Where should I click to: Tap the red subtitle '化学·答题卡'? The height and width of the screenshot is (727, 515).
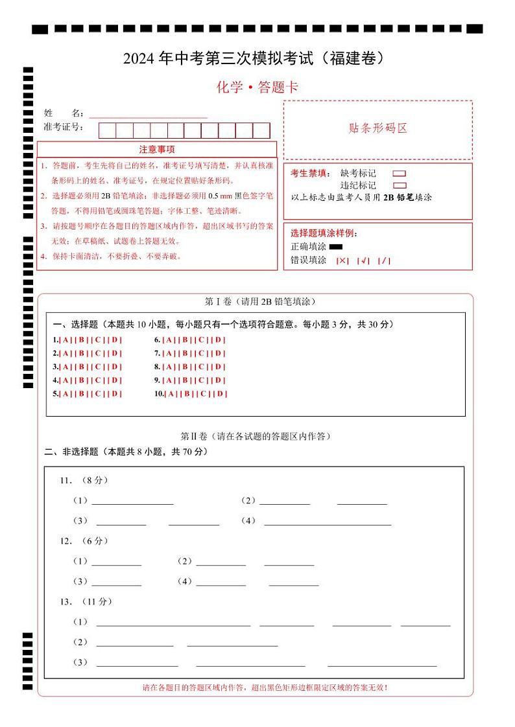pyautogui.click(x=257, y=87)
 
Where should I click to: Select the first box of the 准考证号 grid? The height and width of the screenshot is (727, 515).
pyautogui.click(x=107, y=130)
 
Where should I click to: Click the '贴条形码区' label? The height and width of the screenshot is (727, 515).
pyautogui.click(x=378, y=128)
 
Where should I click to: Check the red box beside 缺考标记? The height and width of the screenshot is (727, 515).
pyautogui.click(x=400, y=174)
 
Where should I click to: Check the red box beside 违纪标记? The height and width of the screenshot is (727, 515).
pyautogui.click(x=400, y=185)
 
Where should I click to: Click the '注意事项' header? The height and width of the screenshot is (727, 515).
pyautogui.click(x=156, y=150)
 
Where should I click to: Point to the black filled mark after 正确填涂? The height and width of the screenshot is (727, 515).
pyautogui.click(x=336, y=247)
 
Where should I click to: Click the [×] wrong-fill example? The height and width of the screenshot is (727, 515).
pyautogui.click(x=342, y=261)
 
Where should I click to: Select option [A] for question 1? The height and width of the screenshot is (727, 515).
pyautogui.click(x=66, y=340)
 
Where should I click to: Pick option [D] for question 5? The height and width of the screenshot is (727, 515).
pyautogui.click(x=115, y=394)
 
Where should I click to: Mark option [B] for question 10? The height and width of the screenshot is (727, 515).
pyautogui.click(x=188, y=394)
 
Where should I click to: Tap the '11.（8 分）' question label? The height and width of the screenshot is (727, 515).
pyautogui.click(x=84, y=480)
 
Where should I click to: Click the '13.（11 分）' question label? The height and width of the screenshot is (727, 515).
pyautogui.click(x=86, y=602)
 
